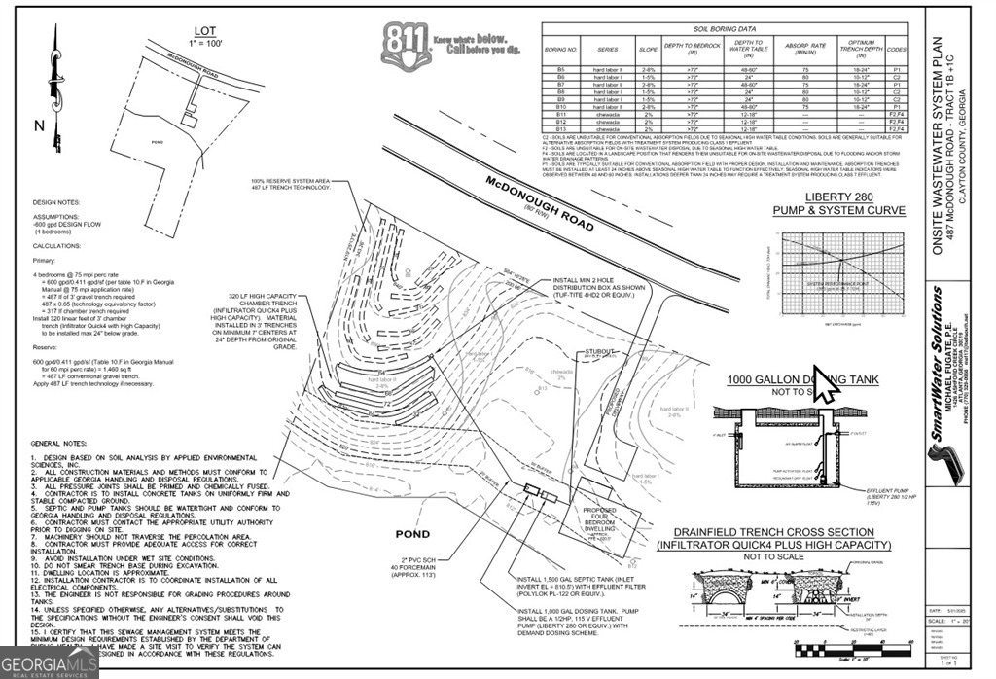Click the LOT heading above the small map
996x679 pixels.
coord(205,31)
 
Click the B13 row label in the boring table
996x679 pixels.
coord(561,128)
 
